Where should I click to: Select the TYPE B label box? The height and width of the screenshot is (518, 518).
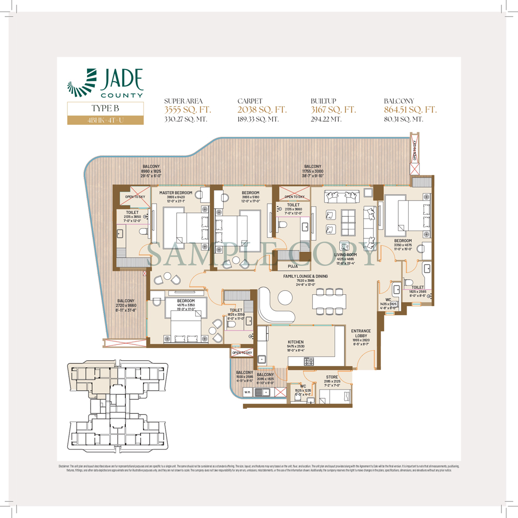coord(105,109)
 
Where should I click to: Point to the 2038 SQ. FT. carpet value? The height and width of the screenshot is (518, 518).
coord(262,110)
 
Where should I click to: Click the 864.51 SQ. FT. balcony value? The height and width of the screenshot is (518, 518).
coord(410,110)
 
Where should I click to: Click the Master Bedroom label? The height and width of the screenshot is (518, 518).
coord(176,193)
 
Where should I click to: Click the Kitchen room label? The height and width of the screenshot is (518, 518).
coord(296,342)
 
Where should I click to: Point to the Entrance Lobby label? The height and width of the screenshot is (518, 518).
coord(361,331)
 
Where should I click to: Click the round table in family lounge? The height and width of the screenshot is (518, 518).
coord(285,297)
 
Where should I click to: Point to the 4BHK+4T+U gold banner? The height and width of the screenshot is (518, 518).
coord(105,120)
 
